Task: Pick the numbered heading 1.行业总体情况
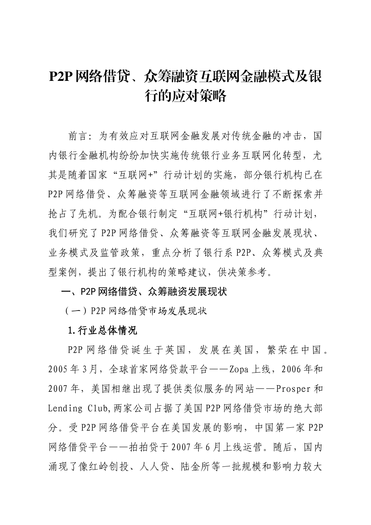pyautogui.click(x=102, y=330)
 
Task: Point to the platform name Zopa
pyautogui.click(x=240, y=369)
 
